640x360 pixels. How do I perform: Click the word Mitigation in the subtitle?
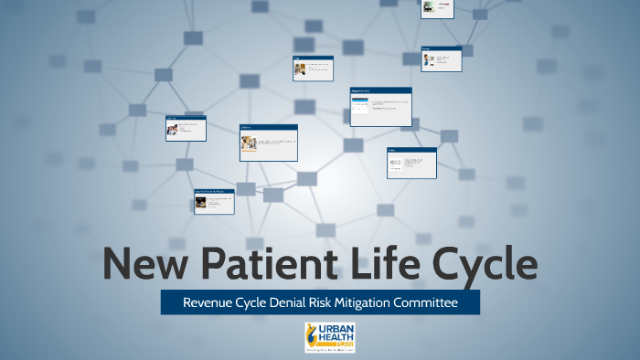click(390, 302)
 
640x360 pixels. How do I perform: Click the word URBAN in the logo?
click(336, 327)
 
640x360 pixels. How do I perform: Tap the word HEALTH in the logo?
click(335, 335)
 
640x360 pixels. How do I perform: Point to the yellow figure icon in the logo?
click(313, 334)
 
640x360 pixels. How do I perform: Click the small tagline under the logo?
click(330, 350)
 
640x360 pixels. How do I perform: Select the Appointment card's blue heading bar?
click(380, 90)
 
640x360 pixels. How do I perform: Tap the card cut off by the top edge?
click(437, 8)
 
